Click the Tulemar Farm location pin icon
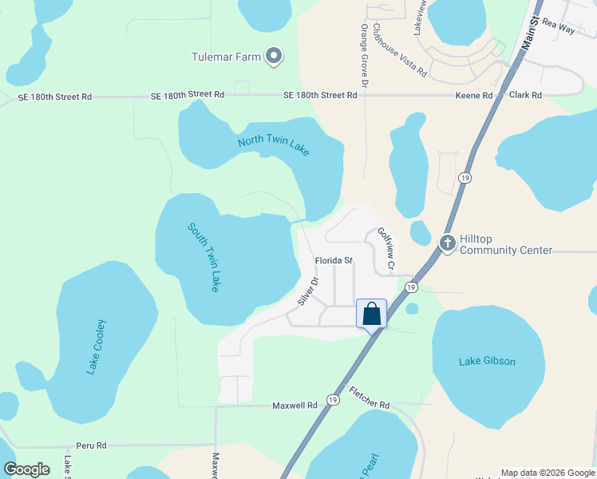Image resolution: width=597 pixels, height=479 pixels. [x=274, y=56]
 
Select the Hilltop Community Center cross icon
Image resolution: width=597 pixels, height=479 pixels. [x=448, y=241]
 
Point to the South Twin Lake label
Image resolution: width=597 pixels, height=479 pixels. [x=204, y=256]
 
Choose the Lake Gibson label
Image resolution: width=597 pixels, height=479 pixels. [x=487, y=362]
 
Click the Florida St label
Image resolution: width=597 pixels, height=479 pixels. [x=334, y=261]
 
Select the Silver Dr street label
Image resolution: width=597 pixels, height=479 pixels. [x=308, y=291]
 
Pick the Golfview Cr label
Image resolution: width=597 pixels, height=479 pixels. [x=386, y=247]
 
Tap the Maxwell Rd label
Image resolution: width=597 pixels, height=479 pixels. [x=295, y=406]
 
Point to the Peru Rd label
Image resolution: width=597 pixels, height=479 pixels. [x=91, y=445]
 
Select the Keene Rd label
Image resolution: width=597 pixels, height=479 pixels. [x=474, y=96]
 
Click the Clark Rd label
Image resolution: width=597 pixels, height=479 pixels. [x=525, y=96]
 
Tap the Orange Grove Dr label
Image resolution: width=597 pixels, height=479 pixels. [x=364, y=56]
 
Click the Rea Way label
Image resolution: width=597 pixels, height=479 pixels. [x=558, y=27]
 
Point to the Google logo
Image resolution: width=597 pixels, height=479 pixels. [x=27, y=469]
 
